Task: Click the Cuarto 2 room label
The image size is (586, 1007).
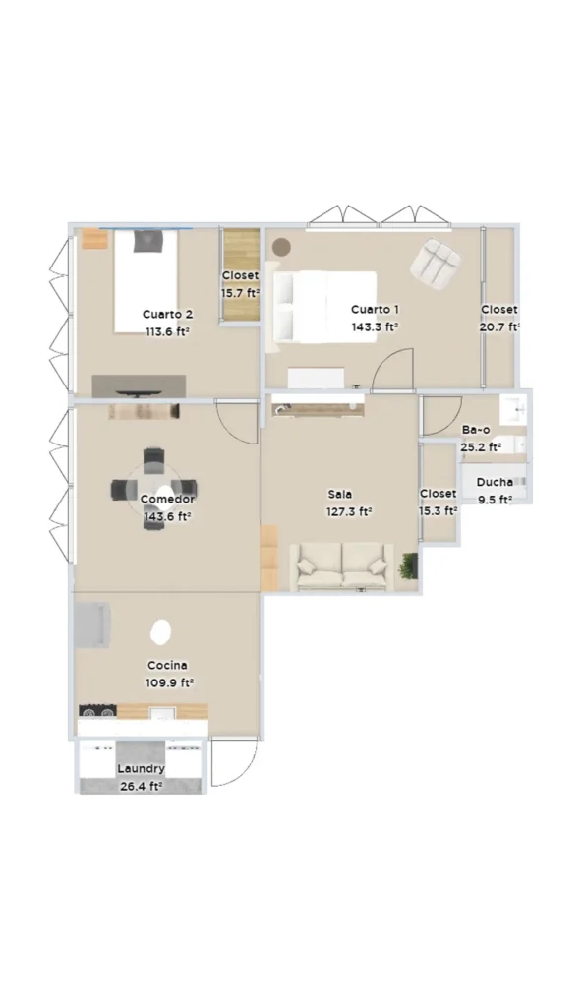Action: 167,314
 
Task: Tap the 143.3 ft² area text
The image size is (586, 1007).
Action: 375,326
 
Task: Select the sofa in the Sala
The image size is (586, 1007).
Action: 341,567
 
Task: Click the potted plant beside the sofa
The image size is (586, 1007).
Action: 408,565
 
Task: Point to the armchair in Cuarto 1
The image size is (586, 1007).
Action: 436,262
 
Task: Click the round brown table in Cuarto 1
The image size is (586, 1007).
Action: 280,247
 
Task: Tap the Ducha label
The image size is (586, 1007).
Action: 495,482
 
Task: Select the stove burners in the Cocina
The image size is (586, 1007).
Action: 98,711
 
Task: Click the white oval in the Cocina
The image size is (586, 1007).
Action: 160,632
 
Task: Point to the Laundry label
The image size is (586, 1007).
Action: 141,768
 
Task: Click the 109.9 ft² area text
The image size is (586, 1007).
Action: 169,682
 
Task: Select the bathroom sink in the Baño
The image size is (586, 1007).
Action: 513,408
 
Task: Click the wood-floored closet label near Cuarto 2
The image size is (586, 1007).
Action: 241,275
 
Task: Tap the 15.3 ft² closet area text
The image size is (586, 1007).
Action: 439,511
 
